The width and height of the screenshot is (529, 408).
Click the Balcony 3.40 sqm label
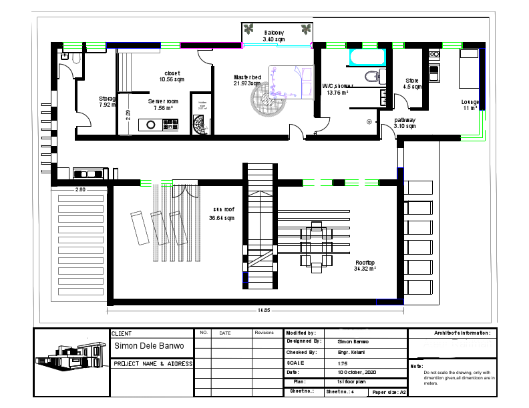click(x=274, y=36)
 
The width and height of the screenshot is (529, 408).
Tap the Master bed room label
click(x=247, y=80)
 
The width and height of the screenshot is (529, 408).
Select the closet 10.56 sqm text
click(x=172, y=76)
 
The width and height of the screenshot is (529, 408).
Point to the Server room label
click(x=163, y=104)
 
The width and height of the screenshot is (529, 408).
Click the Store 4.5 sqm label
click(x=412, y=83)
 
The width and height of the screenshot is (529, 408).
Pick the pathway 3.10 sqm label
click(x=405, y=123)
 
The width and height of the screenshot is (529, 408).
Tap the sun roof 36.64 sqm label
click(x=222, y=214)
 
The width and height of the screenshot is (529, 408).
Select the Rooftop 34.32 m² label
click(x=365, y=265)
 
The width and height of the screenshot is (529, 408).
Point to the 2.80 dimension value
click(x=80, y=190)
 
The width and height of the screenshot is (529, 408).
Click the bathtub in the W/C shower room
click(x=365, y=59)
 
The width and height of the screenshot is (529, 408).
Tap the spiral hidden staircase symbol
click(x=200, y=124)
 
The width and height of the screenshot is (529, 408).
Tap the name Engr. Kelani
click(x=349, y=352)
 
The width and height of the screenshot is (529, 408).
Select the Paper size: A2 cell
click(x=389, y=393)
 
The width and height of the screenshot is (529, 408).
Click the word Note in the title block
click(x=416, y=366)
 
